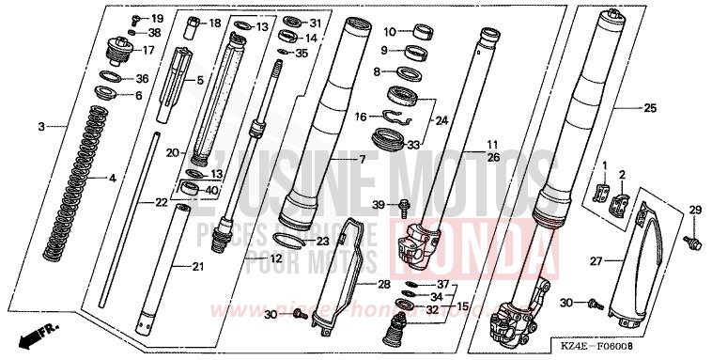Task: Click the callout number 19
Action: click(x=156, y=19)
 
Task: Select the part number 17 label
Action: click(x=148, y=50)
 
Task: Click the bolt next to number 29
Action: click(x=694, y=242)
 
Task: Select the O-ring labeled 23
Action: click(x=293, y=240)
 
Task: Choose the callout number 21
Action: click(x=197, y=268)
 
